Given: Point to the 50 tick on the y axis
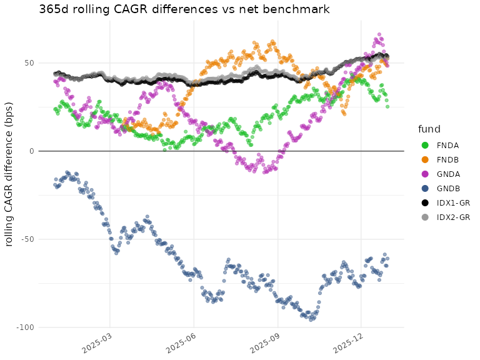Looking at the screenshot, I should pos(29,63).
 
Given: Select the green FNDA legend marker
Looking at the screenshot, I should pos(424,145).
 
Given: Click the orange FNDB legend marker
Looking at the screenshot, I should pos(424,159).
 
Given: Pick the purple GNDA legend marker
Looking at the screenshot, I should pos(424,174).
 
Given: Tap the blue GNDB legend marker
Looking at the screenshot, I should pos(424,188).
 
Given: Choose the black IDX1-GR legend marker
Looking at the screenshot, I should pos(424,202).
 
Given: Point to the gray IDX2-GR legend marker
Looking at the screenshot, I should pos(424,217).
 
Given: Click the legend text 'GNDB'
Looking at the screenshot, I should pos(448,188).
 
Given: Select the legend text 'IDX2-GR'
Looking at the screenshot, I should pos(452,217).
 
